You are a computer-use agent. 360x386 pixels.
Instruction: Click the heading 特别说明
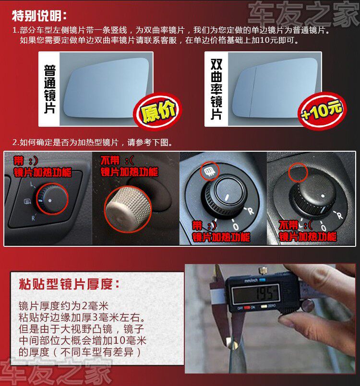click(x=39, y=16)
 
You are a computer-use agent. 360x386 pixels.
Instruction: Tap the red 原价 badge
click(x=157, y=111)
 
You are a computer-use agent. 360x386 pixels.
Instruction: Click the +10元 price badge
click(x=322, y=111)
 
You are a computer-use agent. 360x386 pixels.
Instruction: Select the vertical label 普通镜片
click(x=50, y=89)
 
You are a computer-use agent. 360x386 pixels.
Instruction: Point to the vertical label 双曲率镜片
click(x=216, y=89)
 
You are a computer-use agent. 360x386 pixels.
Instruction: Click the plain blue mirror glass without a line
click(x=106, y=88)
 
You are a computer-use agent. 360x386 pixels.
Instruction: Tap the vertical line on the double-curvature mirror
click(x=253, y=92)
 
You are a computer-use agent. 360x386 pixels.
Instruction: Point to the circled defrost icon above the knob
click(x=209, y=170)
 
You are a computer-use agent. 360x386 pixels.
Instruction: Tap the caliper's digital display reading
click(x=256, y=293)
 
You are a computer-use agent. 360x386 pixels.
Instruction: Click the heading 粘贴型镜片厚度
click(x=69, y=284)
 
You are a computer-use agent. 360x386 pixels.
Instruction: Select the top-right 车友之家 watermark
click(x=303, y=14)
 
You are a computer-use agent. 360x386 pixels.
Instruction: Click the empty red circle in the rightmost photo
click(x=298, y=172)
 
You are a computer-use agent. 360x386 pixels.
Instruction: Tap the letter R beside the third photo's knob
click(x=250, y=211)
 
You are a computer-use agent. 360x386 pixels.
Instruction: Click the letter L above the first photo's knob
click(x=32, y=184)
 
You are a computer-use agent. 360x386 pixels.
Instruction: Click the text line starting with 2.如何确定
click(x=93, y=142)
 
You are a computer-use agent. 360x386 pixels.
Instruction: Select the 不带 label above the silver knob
click(x=110, y=160)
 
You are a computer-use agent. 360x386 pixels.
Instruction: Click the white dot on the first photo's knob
click(x=50, y=201)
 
